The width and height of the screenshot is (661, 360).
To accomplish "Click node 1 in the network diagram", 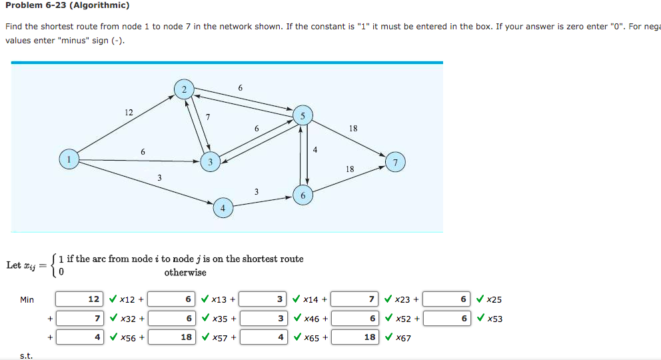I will tap(67, 159).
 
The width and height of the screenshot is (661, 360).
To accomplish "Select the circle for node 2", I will tap(183, 89).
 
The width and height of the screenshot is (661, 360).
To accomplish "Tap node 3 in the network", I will tap(210, 161).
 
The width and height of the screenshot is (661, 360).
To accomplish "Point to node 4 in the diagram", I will tap(223, 208).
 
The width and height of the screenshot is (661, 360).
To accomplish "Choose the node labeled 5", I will tap(303, 115).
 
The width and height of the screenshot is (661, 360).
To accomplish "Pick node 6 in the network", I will tap(303, 195).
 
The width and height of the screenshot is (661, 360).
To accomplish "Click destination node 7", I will tap(395, 162).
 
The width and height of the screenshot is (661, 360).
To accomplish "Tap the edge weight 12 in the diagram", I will tap(129, 113).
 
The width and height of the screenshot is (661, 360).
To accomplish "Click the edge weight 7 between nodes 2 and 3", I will tap(209, 117).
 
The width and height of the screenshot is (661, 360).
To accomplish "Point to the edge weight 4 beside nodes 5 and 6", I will tap(315, 149).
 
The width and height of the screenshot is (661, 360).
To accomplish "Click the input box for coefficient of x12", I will tap(79, 300).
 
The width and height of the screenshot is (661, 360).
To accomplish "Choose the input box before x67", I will tap(355, 337).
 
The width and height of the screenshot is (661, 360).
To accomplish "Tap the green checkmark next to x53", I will tap(480, 319).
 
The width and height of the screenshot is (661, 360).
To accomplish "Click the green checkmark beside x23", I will tap(388, 300).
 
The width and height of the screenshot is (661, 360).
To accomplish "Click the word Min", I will tap(27, 300).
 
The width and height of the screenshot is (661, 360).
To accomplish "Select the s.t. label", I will tap(26, 356).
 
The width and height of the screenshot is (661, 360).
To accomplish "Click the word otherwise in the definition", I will tap(185, 272).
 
